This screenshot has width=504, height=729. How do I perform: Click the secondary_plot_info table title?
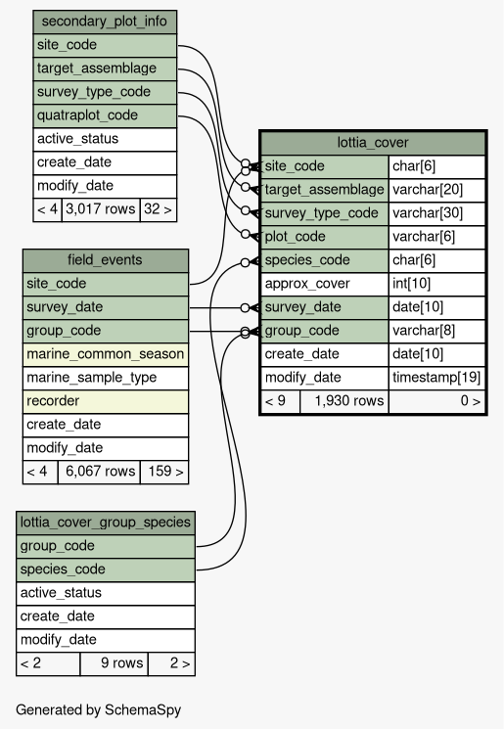click(104, 22)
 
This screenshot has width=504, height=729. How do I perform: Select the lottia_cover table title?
click(373, 143)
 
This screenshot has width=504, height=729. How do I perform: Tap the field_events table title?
click(105, 260)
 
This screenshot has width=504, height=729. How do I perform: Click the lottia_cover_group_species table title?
click(106, 523)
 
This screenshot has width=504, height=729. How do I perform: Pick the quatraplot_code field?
click(105, 115)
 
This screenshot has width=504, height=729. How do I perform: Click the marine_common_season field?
click(106, 354)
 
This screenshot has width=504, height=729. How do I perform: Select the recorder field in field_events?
click(106, 401)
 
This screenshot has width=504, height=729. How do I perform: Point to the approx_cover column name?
click(324, 284)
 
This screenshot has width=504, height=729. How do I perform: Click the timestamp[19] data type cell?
click(436, 378)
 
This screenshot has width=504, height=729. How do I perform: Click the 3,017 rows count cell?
click(101, 209)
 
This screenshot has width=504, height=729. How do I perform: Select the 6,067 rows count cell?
click(99, 472)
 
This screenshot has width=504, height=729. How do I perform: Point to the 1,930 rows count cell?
click(344, 401)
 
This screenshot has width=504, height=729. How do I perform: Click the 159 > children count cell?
click(164, 472)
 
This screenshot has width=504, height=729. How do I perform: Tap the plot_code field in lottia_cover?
click(324, 237)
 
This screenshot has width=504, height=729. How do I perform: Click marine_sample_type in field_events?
click(106, 378)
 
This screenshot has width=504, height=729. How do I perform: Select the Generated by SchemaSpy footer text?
click(98, 710)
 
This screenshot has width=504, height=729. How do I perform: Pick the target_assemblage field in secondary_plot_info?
click(105, 68)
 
